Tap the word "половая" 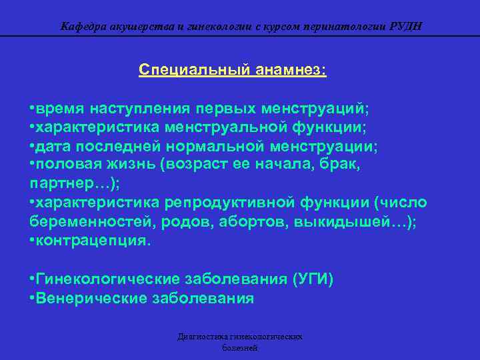tap(71, 164)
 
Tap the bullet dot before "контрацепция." tap(33, 240)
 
